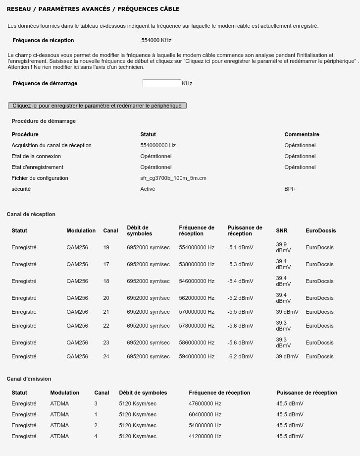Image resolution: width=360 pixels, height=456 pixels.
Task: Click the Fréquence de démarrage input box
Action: [x=161, y=83]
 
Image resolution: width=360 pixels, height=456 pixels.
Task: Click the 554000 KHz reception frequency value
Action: [x=156, y=40]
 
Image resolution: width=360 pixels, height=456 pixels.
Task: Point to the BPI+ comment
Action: [x=290, y=189]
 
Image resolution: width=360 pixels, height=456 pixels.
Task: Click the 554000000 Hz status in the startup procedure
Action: [x=158, y=145]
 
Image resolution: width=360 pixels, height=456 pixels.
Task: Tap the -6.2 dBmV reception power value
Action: [x=240, y=356]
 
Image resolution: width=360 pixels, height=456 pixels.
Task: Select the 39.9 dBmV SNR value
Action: [x=283, y=247]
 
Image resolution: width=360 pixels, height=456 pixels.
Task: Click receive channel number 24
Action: [x=106, y=356]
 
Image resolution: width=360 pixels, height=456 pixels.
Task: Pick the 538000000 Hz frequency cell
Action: [x=197, y=264]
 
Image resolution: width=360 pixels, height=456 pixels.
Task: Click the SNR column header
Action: [x=281, y=230]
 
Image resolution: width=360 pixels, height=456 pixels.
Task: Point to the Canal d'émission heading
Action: [x=29, y=379]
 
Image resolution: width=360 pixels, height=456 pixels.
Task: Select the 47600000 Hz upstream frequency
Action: [x=205, y=403]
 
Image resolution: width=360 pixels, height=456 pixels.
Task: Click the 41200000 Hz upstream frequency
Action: [x=205, y=436]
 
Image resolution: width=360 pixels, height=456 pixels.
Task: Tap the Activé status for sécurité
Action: [x=148, y=189]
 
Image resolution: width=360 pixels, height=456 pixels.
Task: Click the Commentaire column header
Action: [x=302, y=134]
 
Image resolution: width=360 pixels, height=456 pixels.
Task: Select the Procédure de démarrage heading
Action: [x=44, y=121]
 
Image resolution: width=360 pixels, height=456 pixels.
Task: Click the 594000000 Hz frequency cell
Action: [x=197, y=356]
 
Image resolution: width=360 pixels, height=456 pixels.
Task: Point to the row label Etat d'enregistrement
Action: [x=38, y=167]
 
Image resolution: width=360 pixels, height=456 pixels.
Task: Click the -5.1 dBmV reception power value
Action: [x=240, y=247]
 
